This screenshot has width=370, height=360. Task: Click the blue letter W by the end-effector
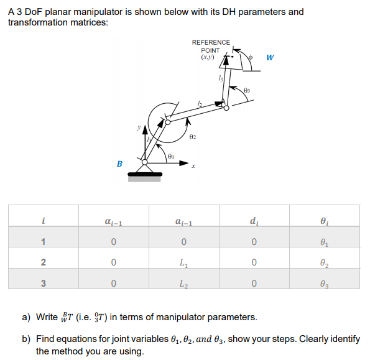point(269,58)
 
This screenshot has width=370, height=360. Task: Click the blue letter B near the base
point(119,164)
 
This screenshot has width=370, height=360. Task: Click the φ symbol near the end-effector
point(251,57)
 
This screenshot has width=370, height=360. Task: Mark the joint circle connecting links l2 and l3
point(226,108)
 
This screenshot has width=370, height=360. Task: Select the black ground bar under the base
point(144,173)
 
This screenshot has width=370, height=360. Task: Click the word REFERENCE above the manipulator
point(211,42)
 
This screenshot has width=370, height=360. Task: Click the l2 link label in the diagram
point(200,103)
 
